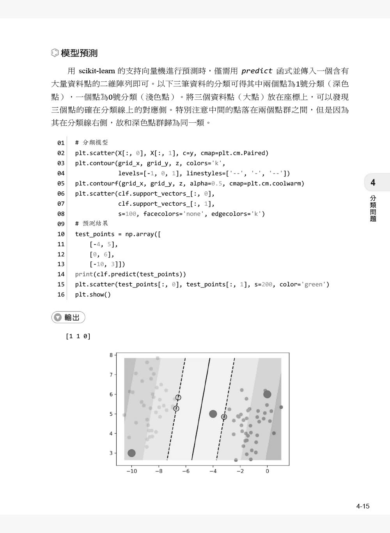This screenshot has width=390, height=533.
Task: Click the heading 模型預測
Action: click(79, 53)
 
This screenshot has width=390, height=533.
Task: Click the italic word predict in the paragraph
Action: click(257, 71)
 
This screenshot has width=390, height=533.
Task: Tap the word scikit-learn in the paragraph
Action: click(97, 71)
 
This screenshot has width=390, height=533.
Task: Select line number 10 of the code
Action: click(61, 234)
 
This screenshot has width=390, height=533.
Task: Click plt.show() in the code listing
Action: click(93, 295)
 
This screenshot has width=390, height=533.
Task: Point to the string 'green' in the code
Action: click(314, 284)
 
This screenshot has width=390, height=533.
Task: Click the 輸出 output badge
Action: click(68, 318)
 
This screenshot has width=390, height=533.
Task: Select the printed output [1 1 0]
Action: click(78, 336)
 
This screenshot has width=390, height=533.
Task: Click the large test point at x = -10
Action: click(131, 453)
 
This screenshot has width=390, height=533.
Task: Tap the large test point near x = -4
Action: click(213, 414)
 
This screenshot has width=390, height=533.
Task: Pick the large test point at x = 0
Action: click(267, 394)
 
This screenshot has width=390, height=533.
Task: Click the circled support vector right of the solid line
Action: click(224, 417)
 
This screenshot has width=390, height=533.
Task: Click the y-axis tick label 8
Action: click(111, 355)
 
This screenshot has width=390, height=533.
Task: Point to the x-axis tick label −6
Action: click(186, 471)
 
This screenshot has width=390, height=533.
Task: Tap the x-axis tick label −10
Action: click(131, 471)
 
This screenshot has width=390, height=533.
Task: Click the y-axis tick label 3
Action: click(111, 453)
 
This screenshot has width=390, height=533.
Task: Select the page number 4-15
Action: click(363, 506)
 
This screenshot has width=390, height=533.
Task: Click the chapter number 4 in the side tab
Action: click(373, 182)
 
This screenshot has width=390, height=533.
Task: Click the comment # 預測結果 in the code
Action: click(92, 224)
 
